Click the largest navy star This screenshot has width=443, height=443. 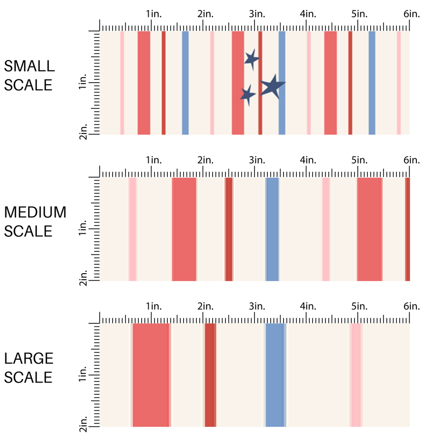coord(272,87)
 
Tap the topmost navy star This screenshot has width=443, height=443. coord(252,59)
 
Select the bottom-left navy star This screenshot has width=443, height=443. coord(248,94)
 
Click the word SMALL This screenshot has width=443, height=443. coord(30,66)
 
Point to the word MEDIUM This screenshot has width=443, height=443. coord(35,212)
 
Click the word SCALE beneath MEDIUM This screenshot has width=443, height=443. coord(29,231)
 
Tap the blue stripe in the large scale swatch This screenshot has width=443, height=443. coord(275,375)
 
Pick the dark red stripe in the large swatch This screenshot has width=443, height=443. coord(210,375)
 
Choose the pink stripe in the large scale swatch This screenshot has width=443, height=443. coord(355,375)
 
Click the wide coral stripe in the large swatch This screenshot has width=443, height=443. coord(151,375)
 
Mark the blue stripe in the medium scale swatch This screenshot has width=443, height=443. coord(272,229)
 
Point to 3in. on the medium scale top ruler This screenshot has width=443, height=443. coord(256,160)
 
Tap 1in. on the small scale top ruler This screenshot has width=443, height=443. coord(153,14)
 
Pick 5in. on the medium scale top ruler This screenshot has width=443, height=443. coord(359,160)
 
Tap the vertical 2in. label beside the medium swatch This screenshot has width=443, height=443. coord(83,277)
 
